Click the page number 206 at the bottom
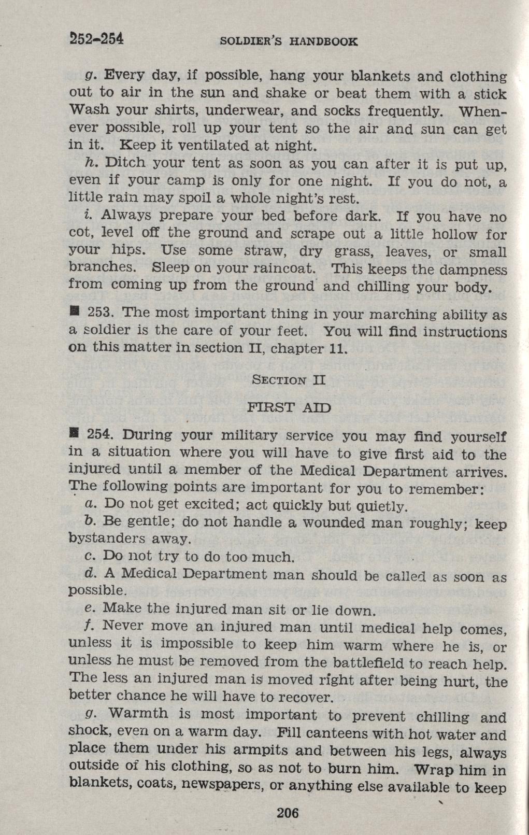click(288, 813)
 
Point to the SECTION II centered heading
click(288, 380)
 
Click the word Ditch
click(123, 163)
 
